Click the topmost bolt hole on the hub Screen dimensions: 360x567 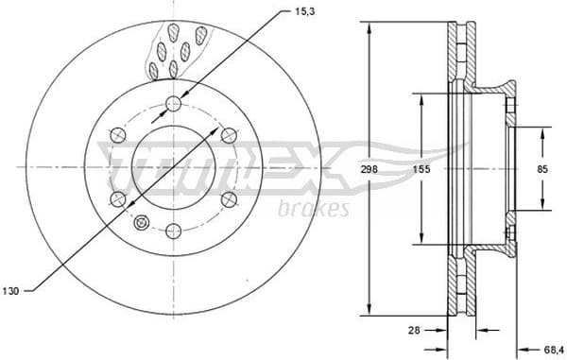(173, 103)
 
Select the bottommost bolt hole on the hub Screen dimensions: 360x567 (173, 230)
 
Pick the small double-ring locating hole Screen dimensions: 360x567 (142, 223)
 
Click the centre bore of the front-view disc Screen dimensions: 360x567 (173, 166)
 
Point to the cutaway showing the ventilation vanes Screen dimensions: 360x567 (177, 52)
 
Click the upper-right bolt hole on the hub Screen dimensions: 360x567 (228, 134)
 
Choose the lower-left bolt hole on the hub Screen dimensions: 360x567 (118, 198)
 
